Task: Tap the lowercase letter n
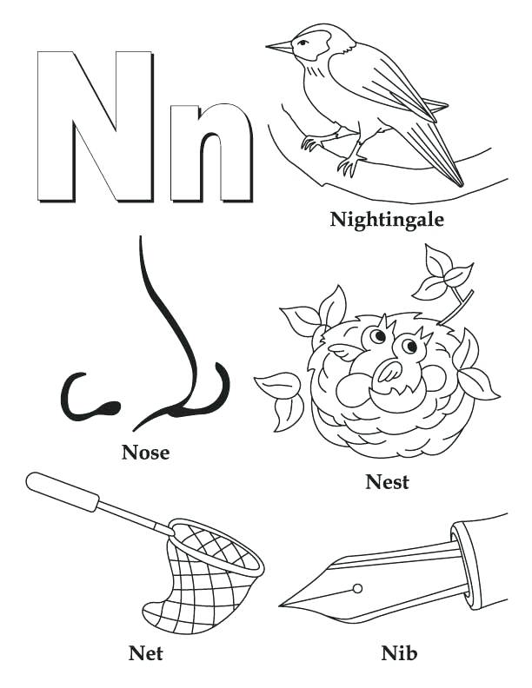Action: click(210, 153)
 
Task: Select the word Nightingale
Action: click(387, 219)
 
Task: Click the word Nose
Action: click(145, 452)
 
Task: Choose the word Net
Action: click(145, 652)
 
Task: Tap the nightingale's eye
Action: click(304, 40)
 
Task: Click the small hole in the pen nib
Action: click(356, 588)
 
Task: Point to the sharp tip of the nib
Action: click(283, 605)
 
